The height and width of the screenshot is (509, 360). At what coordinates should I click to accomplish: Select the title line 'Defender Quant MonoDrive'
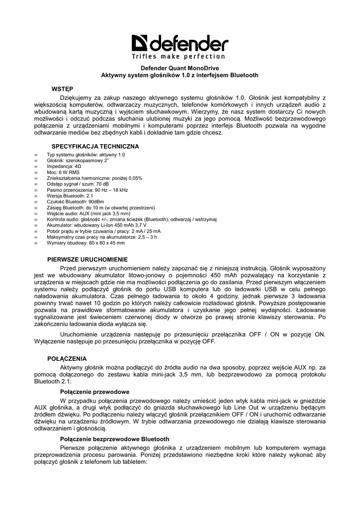180,68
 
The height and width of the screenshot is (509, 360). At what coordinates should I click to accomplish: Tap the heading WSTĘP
62,88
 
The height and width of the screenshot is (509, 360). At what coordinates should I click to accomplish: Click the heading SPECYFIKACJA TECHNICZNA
95,147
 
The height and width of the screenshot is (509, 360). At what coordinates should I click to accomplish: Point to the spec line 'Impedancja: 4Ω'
64,167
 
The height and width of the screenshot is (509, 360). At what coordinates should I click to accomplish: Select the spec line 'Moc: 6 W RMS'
63,172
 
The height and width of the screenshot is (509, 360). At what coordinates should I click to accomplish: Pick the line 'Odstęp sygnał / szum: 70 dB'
78,184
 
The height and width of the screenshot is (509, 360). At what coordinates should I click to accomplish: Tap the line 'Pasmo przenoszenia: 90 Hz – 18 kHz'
87,190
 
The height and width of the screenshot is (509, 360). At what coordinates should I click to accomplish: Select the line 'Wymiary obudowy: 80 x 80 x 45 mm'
86,243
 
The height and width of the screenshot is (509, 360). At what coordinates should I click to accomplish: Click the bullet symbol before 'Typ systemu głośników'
36,155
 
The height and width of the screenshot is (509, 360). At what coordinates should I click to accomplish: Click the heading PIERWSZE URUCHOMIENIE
88,259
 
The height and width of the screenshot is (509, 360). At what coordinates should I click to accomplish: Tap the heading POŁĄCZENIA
67,358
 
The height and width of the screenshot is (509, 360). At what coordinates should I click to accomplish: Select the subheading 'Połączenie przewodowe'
95,392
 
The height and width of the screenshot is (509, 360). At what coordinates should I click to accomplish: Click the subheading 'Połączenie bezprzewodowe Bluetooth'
115,439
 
